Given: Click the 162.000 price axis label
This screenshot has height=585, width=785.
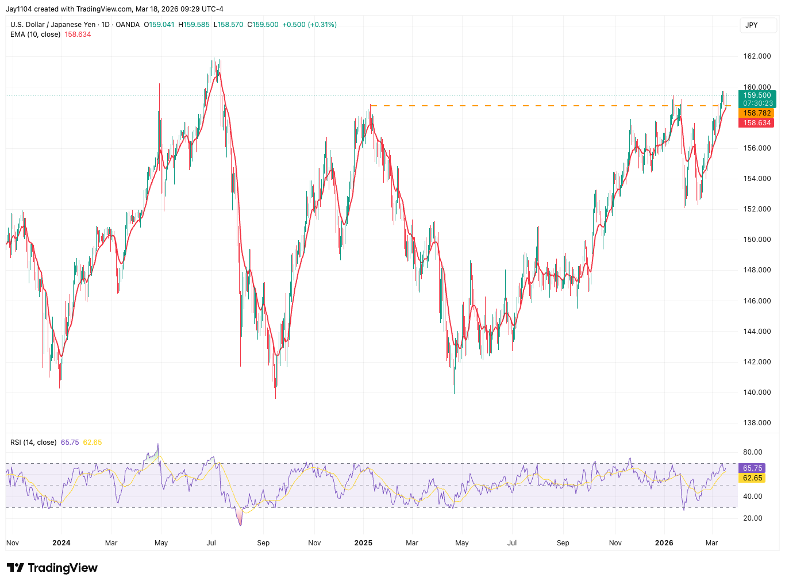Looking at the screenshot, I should click(x=757, y=56).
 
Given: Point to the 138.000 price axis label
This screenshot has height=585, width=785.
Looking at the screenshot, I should click(x=757, y=423).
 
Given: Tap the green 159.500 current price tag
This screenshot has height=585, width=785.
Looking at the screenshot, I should click(x=757, y=95).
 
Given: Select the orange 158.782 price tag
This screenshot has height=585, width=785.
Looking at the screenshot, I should click(x=757, y=113).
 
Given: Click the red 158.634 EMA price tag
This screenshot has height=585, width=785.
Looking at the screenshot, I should click(x=757, y=123).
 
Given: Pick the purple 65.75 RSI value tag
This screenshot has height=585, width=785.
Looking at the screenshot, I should click(x=752, y=468).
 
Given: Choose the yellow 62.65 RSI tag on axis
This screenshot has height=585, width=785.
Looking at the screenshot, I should click(x=752, y=478).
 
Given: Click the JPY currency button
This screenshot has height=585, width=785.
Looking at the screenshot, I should click(x=752, y=25).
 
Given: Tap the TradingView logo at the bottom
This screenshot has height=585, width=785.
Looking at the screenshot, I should click(x=52, y=568).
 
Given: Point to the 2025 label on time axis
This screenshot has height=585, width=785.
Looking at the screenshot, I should click(x=363, y=543).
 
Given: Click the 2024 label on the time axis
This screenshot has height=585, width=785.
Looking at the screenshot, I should click(x=61, y=543).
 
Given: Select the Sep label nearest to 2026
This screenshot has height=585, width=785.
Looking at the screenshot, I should click(x=563, y=543).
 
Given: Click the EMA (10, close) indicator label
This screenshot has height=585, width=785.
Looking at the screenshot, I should click(x=35, y=34).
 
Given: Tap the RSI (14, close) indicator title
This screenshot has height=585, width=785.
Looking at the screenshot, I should click(x=33, y=442).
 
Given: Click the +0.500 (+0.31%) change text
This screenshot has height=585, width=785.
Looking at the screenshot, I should click(x=309, y=25).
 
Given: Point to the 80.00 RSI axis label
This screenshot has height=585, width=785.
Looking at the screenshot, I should click(x=753, y=452).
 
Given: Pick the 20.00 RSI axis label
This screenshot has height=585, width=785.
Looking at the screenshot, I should click(x=753, y=518).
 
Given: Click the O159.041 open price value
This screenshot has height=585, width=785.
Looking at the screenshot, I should click(x=159, y=25).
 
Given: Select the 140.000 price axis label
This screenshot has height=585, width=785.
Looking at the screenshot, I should click(x=757, y=392).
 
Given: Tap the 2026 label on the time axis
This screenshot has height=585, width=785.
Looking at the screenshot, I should click(x=664, y=543).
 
